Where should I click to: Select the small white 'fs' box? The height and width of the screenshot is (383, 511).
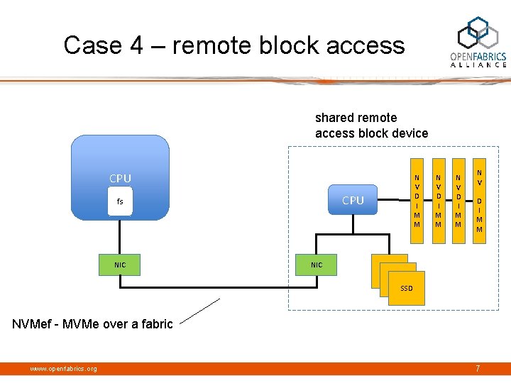[x=120, y=201]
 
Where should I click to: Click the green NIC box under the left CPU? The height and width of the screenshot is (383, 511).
[x=120, y=265]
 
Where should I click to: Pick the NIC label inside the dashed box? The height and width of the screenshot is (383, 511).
[x=317, y=265]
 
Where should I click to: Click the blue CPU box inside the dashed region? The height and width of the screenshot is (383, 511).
[x=353, y=200]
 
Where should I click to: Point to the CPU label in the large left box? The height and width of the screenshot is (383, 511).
[x=120, y=178]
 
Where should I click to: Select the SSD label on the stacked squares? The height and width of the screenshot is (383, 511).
[x=406, y=289]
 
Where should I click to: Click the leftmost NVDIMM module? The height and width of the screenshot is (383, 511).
[x=417, y=200]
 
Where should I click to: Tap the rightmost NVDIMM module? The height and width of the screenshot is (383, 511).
[x=479, y=200]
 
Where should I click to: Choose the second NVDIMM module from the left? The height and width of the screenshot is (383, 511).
[x=438, y=200]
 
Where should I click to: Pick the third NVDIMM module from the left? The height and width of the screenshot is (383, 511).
[x=458, y=200]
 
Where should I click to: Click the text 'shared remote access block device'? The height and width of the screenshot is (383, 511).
[x=371, y=126]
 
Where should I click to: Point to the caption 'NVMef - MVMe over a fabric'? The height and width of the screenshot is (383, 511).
[x=92, y=324]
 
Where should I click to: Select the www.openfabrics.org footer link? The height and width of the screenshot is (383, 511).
[x=63, y=368]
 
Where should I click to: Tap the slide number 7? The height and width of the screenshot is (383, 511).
[x=478, y=368]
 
